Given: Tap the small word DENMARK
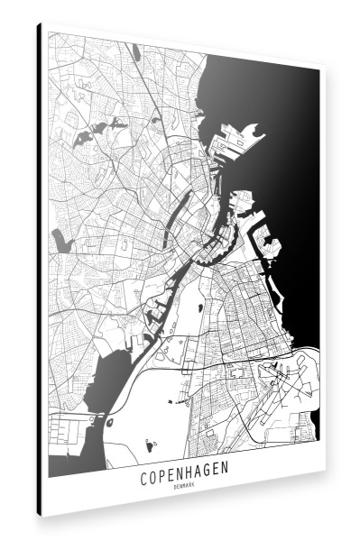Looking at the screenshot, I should click(x=184, y=487).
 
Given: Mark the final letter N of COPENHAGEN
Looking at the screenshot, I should click(x=226, y=472).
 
